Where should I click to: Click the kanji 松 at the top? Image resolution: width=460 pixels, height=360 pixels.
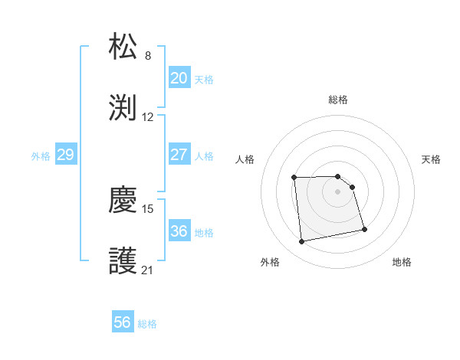pyautogui.click(x=123, y=47)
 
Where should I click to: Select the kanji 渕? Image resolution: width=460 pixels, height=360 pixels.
pyautogui.click(x=123, y=108)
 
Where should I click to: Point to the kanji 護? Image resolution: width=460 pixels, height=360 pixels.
pyautogui.click(x=123, y=261)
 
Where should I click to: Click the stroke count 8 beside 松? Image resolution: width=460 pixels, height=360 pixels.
pyautogui.click(x=148, y=56)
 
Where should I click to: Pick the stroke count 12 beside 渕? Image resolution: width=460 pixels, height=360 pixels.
pyautogui.click(x=148, y=117)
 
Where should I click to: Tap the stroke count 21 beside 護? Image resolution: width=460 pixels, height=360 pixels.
pyautogui.click(x=148, y=270)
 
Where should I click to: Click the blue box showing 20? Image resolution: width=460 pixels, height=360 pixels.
pyautogui.click(x=179, y=78)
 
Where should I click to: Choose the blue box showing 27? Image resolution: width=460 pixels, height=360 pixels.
pyautogui.click(x=179, y=155)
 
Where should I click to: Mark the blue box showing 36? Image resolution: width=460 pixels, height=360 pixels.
pyautogui.click(x=179, y=231)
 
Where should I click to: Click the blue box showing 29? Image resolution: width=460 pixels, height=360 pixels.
pyautogui.click(x=65, y=155)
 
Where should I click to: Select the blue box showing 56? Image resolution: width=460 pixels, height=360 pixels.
pyautogui.click(x=123, y=322)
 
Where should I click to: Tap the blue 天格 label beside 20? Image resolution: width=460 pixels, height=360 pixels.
pyautogui.click(x=204, y=80)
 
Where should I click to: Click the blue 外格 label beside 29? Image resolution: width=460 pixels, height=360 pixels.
pyautogui.click(x=41, y=156)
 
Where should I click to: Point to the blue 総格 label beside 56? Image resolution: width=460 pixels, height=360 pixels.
pyautogui.click(x=148, y=324)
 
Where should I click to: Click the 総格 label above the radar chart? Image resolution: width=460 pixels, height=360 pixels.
pyautogui.click(x=338, y=100)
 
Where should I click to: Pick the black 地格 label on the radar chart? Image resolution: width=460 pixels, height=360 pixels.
pyautogui.click(x=402, y=262)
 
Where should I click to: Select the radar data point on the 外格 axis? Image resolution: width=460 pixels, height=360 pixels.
pyautogui.click(x=302, y=242)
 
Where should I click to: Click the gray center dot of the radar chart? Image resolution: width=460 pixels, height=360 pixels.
pyautogui.click(x=338, y=191)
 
